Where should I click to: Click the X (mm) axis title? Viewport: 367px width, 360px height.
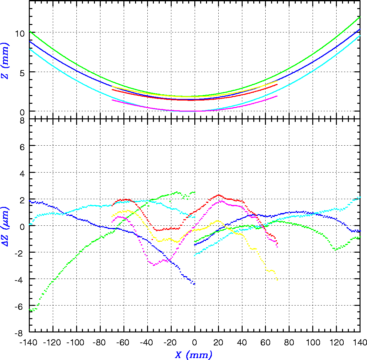[194, 355]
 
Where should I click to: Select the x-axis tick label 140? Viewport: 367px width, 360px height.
[360, 342]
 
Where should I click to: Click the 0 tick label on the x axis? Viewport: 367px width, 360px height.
[195, 342]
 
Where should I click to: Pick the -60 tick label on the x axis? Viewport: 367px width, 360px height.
[124, 342]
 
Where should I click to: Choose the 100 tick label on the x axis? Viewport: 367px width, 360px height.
[313, 342]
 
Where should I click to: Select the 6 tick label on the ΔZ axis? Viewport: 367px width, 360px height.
[22, 146]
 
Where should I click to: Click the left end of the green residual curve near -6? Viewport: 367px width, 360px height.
[30, 310]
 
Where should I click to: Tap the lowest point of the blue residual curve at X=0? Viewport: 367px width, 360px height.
[194, 284]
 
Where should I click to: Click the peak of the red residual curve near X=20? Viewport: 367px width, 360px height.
[219, 195]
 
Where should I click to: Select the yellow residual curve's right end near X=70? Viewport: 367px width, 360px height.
[277, 280]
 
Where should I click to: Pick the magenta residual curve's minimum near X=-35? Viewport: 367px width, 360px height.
[154, 265]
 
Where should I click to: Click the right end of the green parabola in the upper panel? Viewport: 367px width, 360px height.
[360, 17]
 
